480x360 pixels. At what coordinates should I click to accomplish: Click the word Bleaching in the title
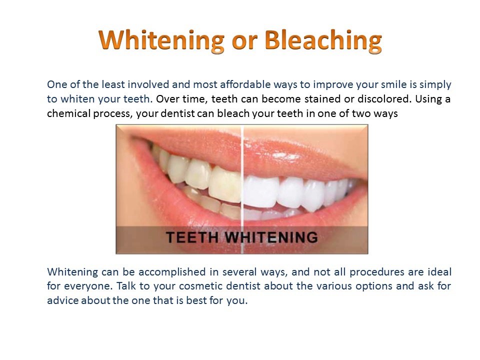[x=323, y=40]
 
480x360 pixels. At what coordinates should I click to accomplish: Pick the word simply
[x=435, y=84]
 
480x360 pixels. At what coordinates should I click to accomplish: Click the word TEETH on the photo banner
[x=193, y=237]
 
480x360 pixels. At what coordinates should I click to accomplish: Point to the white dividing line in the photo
[x=242, y=175]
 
